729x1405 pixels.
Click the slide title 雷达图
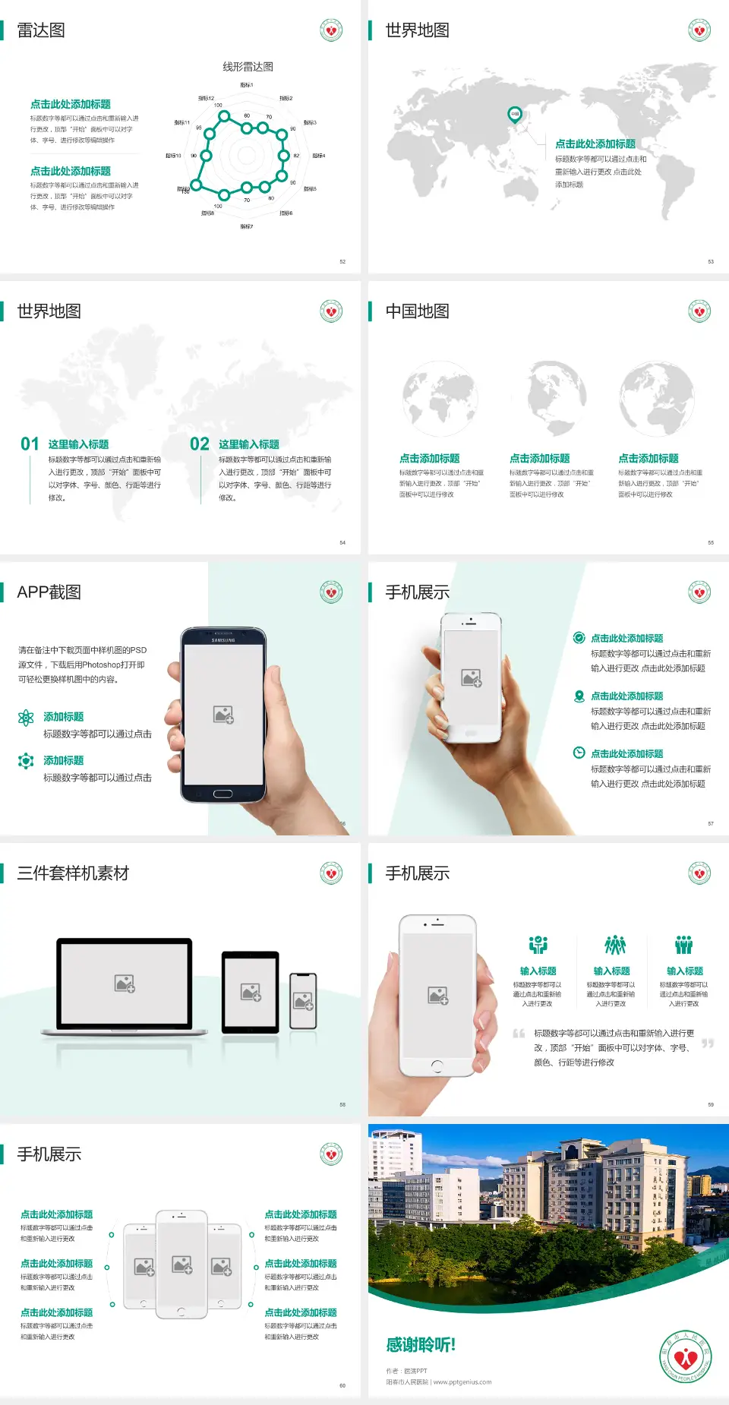coord(41,30)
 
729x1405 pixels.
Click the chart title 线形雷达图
coord(248,67)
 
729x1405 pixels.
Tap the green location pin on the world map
coord(514,115)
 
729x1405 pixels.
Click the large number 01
coord(30,444)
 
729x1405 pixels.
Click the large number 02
coord(200,444)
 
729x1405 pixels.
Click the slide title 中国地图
coord(417,311)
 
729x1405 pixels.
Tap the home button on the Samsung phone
coord(222,794)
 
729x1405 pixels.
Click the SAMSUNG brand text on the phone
coord(223,640)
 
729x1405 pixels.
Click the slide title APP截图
coord(49,592)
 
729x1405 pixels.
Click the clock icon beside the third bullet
coord(579,753)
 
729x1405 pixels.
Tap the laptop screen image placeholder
coord(125,983)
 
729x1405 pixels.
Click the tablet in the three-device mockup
coord(251,992)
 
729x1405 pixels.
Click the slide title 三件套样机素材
coord(73,873)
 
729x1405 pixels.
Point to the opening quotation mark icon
coord(519,1034)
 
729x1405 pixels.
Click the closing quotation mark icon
coord(707,1043)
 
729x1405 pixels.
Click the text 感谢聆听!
coord(421,1345)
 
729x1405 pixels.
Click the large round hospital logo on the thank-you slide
coord(686,1356)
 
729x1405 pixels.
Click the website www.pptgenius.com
coord(462,1382)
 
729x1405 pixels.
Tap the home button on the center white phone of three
coord(181,1312)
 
